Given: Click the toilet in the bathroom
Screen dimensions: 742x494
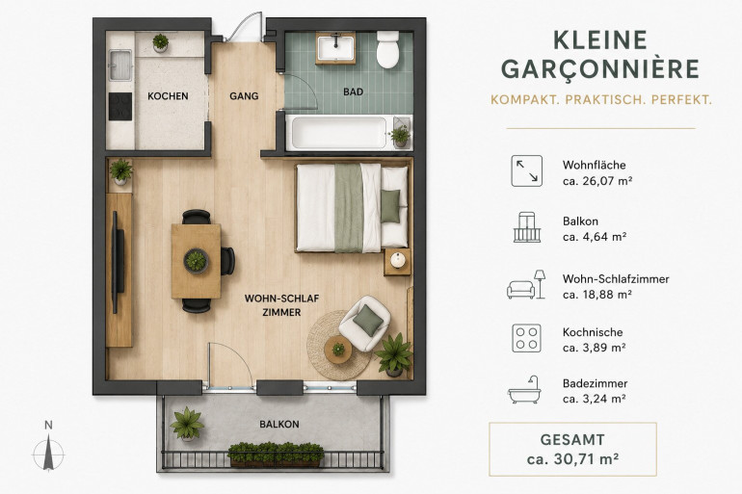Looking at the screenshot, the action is pos(387,49).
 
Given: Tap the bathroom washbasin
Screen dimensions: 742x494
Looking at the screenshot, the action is pos(335,48).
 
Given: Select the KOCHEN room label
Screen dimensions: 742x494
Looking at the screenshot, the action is pos(168,96).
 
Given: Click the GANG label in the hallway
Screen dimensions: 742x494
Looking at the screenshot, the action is pos(244,96).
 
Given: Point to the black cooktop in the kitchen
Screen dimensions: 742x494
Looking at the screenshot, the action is pos(120,106).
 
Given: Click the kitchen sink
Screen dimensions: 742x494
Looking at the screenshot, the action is pos(120,65).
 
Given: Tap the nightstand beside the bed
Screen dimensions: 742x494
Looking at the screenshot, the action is pos(397,262).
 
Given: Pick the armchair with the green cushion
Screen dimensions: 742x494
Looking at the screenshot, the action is pos(365,323).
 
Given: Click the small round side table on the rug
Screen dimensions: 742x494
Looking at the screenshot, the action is pos(338,350).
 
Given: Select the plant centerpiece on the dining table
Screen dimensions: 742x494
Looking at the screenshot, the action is pos(196,260).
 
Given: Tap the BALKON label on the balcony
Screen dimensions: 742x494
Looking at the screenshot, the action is pos(279,424).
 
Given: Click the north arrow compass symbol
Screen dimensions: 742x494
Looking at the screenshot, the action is pos(48,453).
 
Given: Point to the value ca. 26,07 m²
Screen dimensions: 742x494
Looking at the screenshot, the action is pos(597,181).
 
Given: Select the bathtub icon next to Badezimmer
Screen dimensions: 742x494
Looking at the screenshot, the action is pos(525,390).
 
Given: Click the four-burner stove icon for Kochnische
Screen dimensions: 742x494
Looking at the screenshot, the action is pos(526,338).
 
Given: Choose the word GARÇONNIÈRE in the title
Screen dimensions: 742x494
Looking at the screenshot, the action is pos(600,69).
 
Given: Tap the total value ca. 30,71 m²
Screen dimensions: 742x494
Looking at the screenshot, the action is pos(572,459).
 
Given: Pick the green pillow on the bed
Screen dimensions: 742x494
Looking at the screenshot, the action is pos(390,206).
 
